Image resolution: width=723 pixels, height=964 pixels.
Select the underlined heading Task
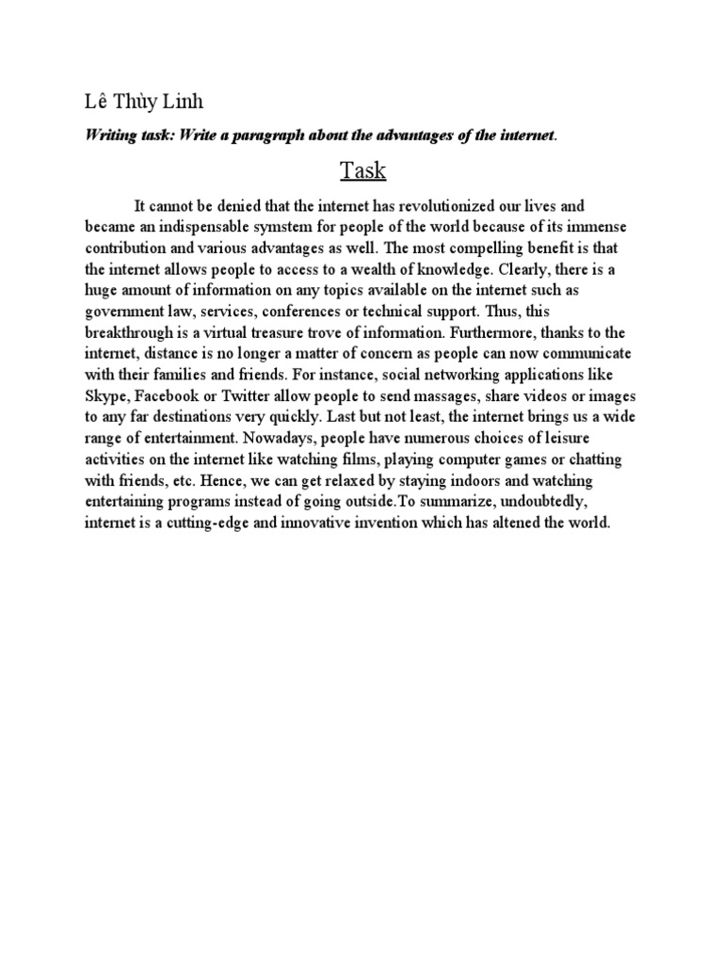(361, 172)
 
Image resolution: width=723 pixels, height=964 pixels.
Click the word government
(125, 313)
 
